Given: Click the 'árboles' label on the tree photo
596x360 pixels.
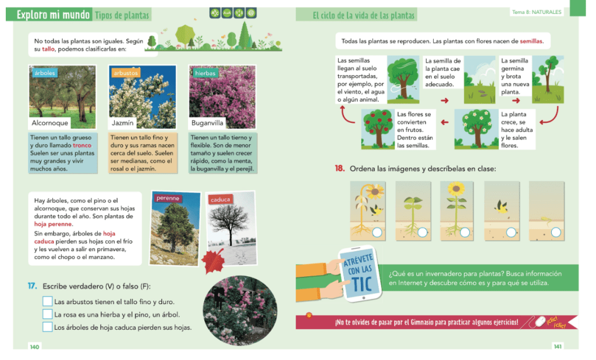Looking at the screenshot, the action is pos(44,73).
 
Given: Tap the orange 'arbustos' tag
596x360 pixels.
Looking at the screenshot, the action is pos(126,73).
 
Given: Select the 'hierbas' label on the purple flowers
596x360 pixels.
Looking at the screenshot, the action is pos(205,73).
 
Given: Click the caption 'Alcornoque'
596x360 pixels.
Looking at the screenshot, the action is pos(50,123).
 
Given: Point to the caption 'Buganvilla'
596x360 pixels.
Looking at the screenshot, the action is pos(207,123).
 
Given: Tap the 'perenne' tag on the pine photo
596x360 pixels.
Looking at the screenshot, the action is pos(168,198).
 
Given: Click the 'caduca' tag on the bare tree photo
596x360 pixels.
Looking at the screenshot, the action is pos(221,199).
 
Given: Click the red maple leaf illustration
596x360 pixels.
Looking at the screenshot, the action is pos(213,260).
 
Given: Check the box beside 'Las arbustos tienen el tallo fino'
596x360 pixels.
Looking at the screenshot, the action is pos(48,301).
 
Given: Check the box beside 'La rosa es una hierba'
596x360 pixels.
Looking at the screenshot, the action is pos(48,314).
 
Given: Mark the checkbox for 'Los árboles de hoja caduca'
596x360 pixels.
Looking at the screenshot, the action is pos(48,327).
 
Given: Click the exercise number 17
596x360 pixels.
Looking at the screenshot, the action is pos(33,286).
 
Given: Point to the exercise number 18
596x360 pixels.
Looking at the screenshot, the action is pos(340,168).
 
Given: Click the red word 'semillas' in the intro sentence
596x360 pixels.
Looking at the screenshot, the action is pos(531,41).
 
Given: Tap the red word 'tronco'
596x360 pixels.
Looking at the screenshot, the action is pos(82,145).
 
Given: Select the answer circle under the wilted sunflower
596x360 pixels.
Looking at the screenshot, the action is pos(377,233).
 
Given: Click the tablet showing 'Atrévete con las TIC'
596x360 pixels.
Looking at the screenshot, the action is pos(360,274).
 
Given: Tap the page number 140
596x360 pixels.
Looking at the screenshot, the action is pos(34,347).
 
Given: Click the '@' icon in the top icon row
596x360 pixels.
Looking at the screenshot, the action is pos(251,13).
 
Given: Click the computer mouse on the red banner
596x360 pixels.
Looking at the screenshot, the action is pos(540,322).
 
